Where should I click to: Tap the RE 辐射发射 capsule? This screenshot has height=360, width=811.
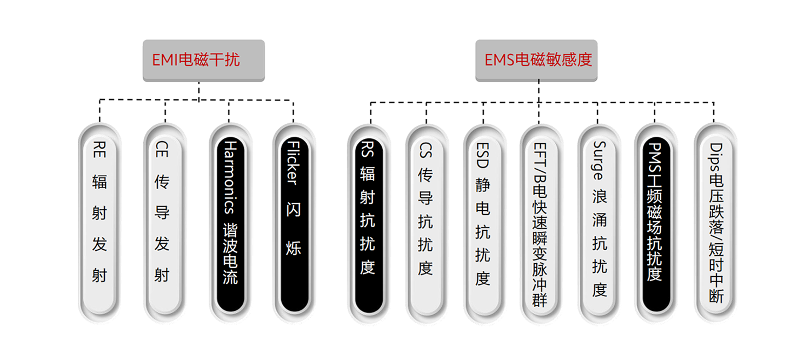99,222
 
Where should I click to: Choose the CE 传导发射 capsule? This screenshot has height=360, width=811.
162,222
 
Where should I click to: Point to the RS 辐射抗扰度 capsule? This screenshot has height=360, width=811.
368,222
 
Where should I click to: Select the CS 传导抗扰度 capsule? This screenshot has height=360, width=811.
426,222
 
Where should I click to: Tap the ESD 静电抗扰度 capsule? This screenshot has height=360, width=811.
483,222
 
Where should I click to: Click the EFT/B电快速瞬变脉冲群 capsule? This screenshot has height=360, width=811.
540,222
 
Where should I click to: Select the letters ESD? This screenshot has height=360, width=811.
483,155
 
